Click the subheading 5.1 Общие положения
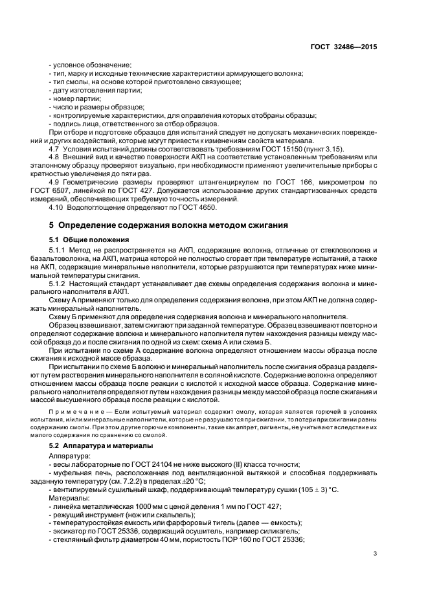[x=85, y=240]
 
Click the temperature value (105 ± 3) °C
[x=317, y=490]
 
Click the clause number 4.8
[x=55, y=157]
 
